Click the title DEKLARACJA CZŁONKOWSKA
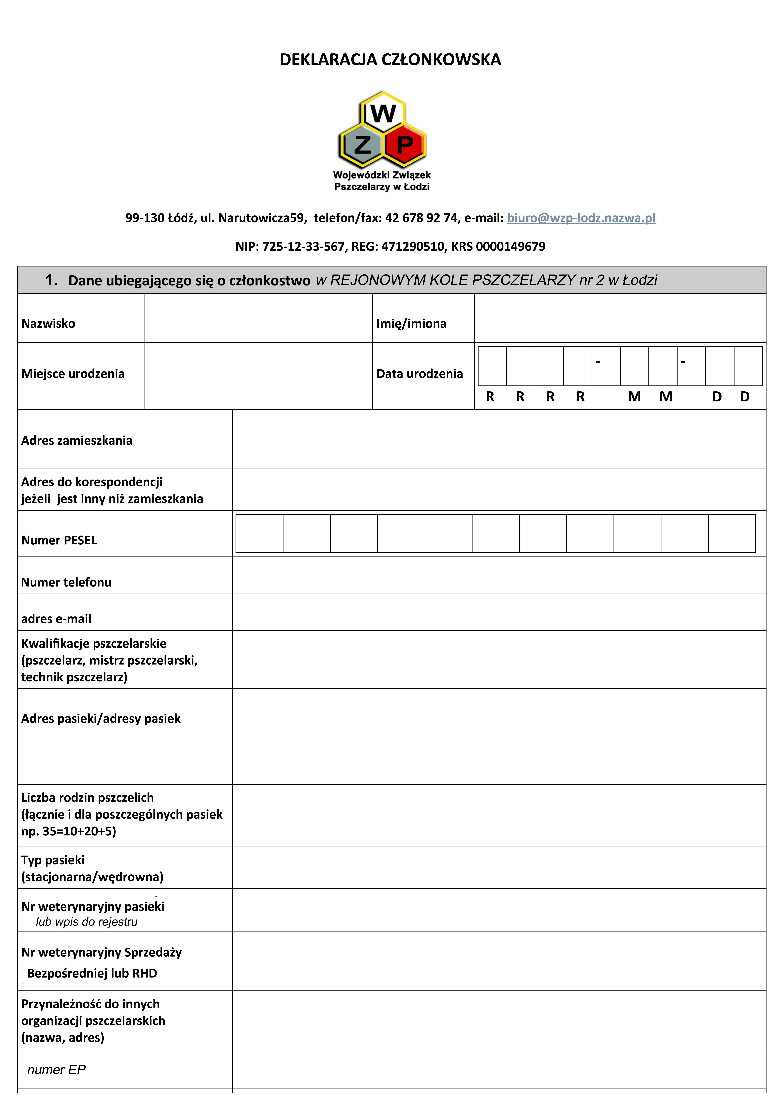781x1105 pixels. pyautogui.click(x=390, y=60)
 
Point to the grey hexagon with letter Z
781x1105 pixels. pyautogui.click(x=362, y=144)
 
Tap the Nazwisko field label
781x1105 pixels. pyautogui.click(x=48, y=323)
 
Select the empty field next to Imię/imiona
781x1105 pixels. pyautogui.click(x=620, y=318)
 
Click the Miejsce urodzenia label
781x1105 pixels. pyautogui.click(x=73, y=373)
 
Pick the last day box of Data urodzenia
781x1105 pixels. pyautogui.click(x=748, y=366)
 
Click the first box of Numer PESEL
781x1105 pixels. pyautogui.click(x=259, y=533)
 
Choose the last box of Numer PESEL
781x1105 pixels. pyautogui.click(x=731, y=533)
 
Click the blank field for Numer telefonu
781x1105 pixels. pyautogui.click(x=498, y=576)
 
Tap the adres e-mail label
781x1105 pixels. pyautogui.click(x=56, y=619)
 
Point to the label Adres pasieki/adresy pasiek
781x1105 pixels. pyautogui.click(x=101, y=719)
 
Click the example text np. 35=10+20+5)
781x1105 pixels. pyautogui.click(x=68, y=831)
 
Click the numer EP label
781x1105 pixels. pyautogui.click(x=56, y=1070)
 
